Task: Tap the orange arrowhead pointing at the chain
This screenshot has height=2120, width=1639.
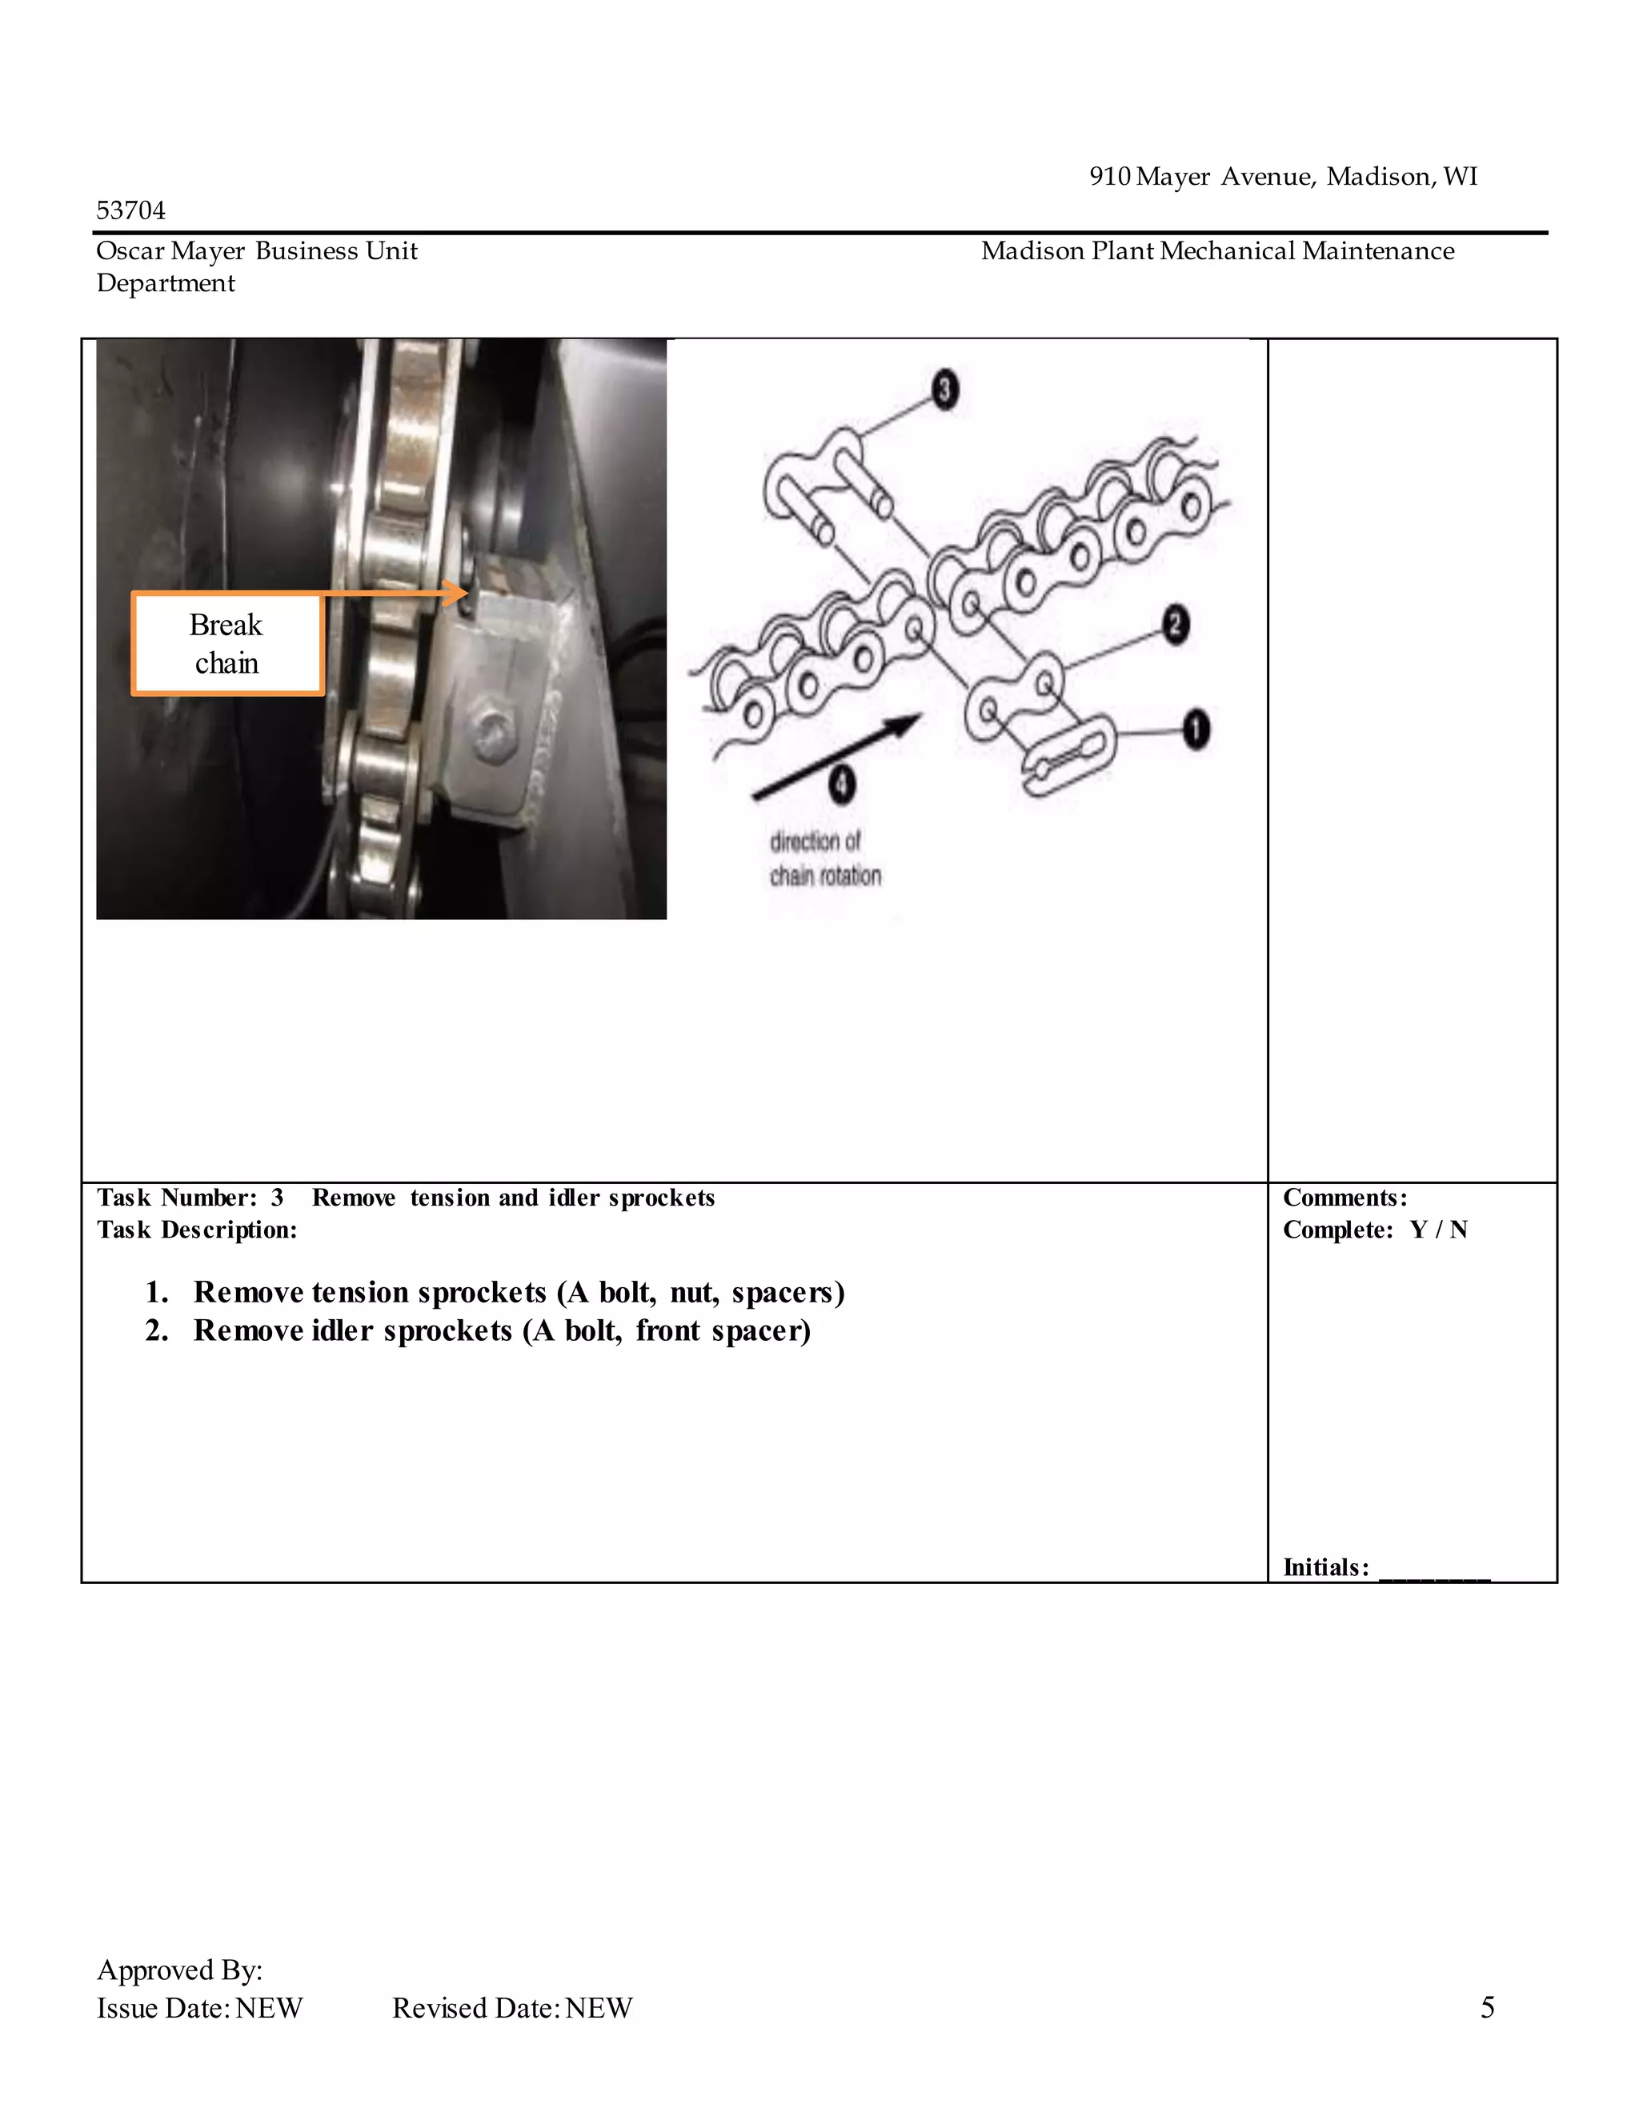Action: pyautogui.click(x=455, y=592)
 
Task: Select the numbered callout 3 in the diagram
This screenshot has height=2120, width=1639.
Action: pyautogui.click(x=945, y=390)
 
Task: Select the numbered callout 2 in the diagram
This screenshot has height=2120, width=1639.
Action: pyautogui.click(x=1175, y=624)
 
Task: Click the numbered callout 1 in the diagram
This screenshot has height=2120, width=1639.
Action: pyautogui.click(x=1196, y=729)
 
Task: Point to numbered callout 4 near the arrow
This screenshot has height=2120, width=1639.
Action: pyautogui.click(x=842, y=783)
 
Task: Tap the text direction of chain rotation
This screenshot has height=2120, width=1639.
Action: pyautogui.click(x=825, y=858)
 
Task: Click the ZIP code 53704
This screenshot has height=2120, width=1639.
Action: pyautogui.click(x=131, y=210)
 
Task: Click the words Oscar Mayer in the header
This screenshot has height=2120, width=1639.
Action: pyautogui.click(x=170, y=251)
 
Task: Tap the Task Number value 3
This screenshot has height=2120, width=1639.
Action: pyautogui.click(x=277, y=1198)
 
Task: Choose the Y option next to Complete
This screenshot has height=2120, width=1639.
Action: pyautogui.click(x=1419, y=1230)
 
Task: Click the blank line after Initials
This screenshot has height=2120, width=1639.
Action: pyautogui.click(x=1434, y=1568)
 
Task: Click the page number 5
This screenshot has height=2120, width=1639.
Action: pyautogui.click(x=1487, y=2007)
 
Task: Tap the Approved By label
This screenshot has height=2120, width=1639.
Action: pyautogui.click(x=179, y=1970)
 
